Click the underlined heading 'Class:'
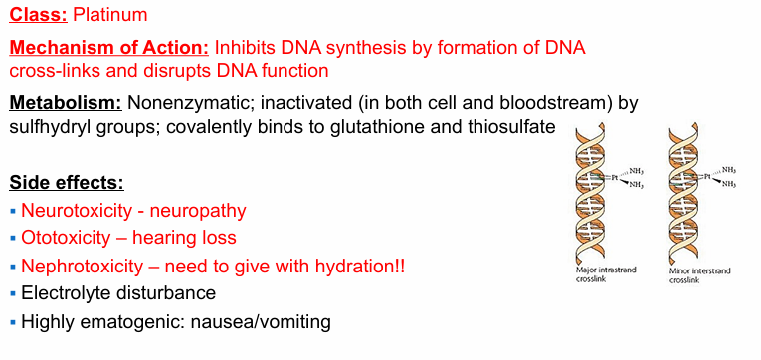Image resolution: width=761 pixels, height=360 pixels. pos(39,15)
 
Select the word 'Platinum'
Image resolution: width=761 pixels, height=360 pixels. pos(110,15)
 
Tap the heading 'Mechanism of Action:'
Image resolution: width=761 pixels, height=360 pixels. pos(109,48)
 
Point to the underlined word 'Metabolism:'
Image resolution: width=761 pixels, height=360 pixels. pos(66,103)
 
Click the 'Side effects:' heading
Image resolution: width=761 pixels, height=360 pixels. pos(67,184)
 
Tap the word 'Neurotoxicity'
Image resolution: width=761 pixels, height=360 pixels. pos(77,211)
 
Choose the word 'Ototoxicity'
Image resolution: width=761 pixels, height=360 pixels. pos(66,238)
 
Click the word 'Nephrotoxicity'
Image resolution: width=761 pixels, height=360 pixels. pos(83,267)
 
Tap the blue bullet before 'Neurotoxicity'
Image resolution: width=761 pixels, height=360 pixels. pos(13,211)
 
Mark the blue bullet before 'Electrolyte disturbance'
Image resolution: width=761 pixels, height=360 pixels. pos(13,293)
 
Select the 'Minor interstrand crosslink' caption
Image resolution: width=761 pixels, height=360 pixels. pos(700,275)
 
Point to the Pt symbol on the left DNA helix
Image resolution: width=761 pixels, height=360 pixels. pos(614,178)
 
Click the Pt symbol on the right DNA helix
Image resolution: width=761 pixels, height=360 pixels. pos(707,177)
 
